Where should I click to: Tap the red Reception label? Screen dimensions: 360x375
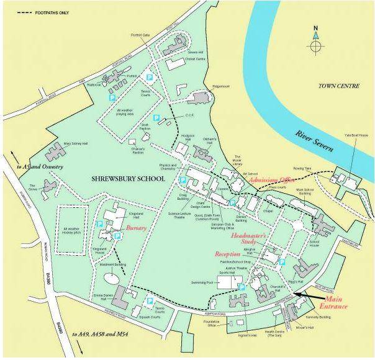228,254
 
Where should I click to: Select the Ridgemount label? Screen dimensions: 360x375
222,88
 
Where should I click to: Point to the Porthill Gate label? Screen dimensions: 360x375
140,35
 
